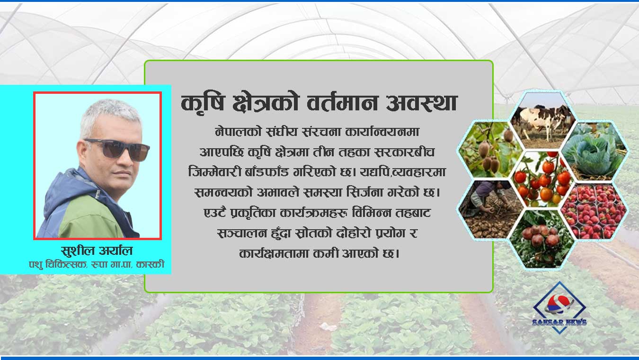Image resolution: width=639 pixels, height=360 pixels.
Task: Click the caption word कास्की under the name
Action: coord(151,264)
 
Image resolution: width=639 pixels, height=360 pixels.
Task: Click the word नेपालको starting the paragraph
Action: coord(234,129)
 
